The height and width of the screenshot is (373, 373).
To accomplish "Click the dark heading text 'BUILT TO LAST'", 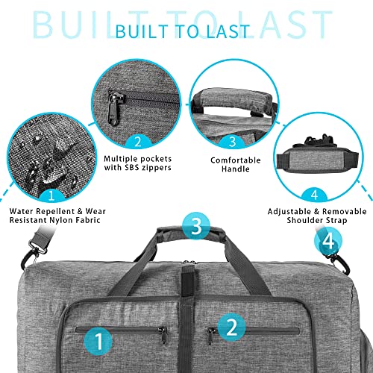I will point(186,31).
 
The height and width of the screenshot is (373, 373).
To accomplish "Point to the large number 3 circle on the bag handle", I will point(195,225).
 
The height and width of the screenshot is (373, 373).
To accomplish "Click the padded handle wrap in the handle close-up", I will point(229,96).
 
